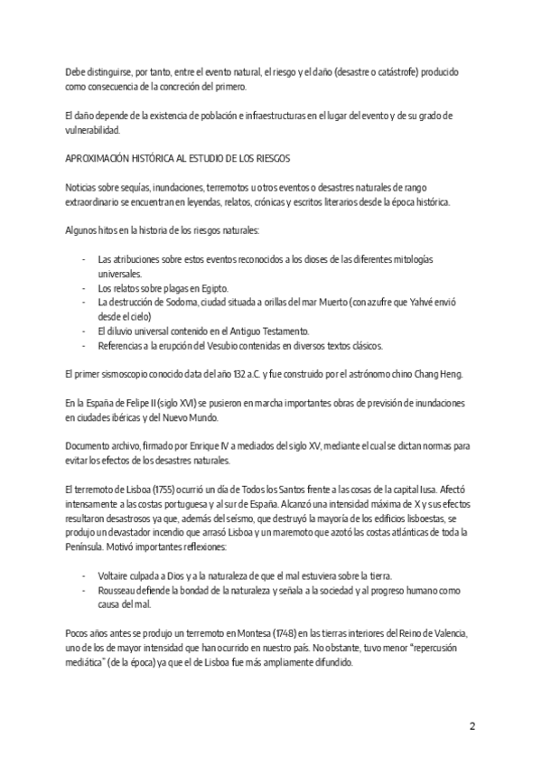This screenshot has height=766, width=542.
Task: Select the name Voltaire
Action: click(x=114, y=576)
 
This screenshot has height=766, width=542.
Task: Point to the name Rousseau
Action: click(x=117, y=591)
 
